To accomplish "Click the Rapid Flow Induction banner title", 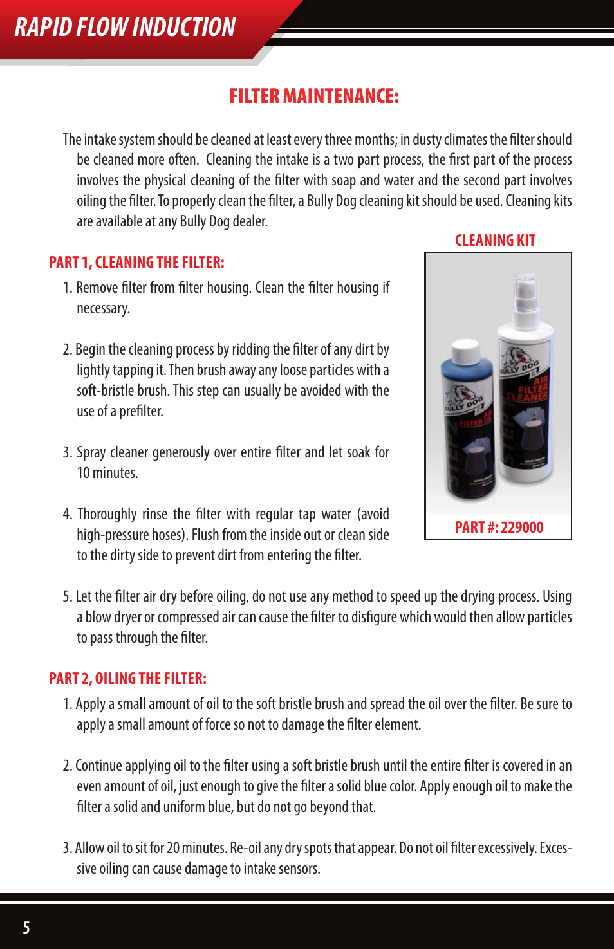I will pos(125,28).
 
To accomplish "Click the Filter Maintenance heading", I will pos(314,97).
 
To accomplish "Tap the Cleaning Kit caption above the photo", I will pos(495,241).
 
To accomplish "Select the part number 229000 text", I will pos(499,528).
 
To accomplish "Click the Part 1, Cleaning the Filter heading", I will pos(136,263).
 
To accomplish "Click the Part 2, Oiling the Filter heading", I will pos(127,679).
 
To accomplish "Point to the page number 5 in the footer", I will pos(26,927).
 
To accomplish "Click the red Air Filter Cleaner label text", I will pos(534,389).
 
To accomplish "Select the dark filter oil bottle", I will pos(469,431).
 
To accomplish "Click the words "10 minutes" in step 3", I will pos(107,473).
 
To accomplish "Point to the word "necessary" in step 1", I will pos(103,309).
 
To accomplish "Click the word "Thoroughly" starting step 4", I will pos(107,514).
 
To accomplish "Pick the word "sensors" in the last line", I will pos(299,869).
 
